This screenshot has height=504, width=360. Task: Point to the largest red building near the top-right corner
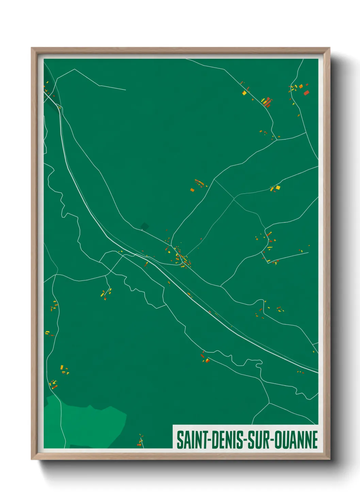click(306, 93)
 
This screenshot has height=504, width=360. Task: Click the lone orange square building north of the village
click(192, 190)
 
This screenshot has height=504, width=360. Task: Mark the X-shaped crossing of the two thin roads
click(234, 199)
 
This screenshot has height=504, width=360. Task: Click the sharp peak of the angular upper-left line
click(75, 69)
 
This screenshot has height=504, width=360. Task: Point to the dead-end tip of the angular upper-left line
click(126, 90)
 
